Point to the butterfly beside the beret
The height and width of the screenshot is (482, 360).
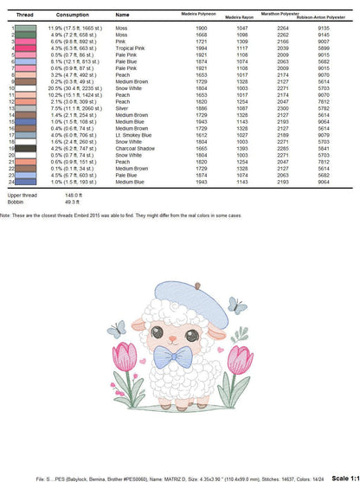coord(233,305)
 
